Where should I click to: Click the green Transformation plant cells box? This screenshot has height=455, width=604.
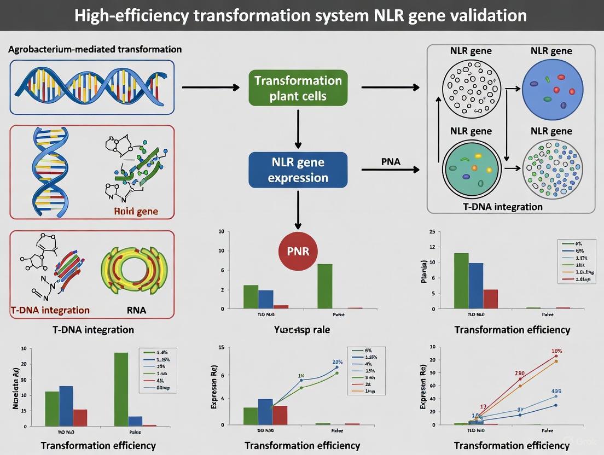[298, 88]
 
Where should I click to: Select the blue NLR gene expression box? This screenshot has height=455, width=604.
[298, 170]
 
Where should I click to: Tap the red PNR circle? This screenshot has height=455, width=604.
[298, 252]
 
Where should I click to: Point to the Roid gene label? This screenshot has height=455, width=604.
[136, 212]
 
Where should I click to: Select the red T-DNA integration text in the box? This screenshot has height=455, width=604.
[50, 310]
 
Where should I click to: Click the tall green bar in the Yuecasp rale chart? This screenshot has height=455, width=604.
[324, 286]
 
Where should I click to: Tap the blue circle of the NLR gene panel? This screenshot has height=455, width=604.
[551, 86]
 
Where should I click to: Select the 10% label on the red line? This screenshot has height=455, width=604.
[556, 351]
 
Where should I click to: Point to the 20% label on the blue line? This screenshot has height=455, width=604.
[337, 362]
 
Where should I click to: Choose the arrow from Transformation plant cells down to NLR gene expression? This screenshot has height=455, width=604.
[298, 129]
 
